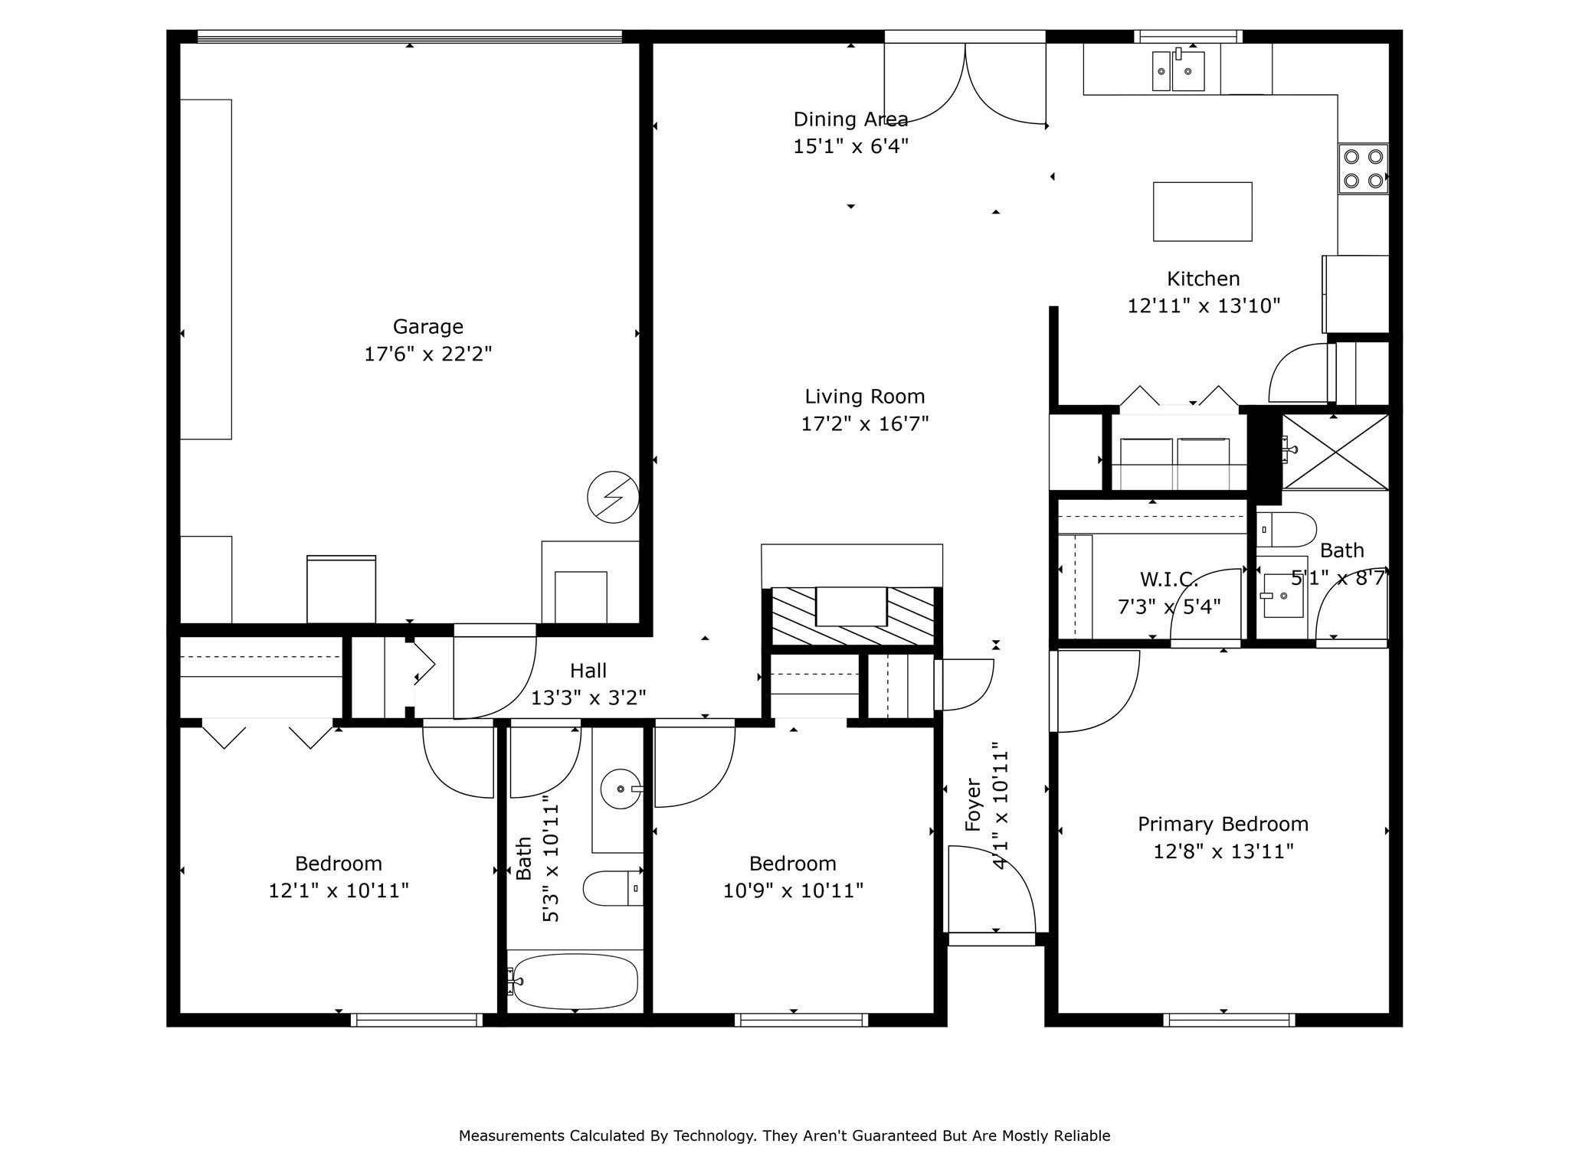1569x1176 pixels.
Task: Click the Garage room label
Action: tap(427, 327)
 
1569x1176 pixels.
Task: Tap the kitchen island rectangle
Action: tap(1202, 211)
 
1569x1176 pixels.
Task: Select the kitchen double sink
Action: tap(1178, 71)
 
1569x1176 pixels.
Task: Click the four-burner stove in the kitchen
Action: tap(1363, 168)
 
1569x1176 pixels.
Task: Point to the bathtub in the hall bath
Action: tap(575, 981)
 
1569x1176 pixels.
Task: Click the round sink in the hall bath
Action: tap(621, 789)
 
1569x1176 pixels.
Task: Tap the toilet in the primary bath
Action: tap(1286, 529)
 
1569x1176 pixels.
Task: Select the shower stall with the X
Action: tap(1335, 452)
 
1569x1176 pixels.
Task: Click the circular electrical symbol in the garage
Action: tap(613, 497)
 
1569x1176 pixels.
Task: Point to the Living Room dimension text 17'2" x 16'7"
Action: tap(865, 424)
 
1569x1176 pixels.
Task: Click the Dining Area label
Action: tap(850, 119)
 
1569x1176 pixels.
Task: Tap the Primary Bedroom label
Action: tap(1223, 825)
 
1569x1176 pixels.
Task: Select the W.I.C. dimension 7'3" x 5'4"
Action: tap(1169, 607)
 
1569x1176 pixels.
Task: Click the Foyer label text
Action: tap(973, 805)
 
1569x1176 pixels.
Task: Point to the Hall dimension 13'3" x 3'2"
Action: tap(588, 698)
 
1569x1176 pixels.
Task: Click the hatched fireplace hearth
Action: tap(852, 616)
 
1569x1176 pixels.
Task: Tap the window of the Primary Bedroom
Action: tap(1229, 1020)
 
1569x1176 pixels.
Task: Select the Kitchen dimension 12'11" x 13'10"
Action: tap(1204, 306)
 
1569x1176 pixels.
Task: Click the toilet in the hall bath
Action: tap(613, 888)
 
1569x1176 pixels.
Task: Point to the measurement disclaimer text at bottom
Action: tap(784, 1136)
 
